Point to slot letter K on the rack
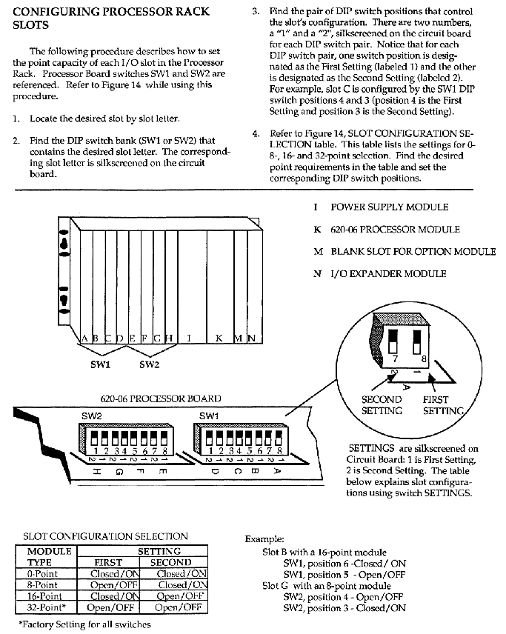[x=219, y=338]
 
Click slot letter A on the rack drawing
[x=85, y=338]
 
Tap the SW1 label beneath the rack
[x=101, y=364]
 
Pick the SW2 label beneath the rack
[x=150, y=364]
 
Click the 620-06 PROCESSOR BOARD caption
[x=160, y=398]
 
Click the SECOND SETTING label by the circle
[x=382, y=405]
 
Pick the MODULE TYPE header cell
[x=49, y=557]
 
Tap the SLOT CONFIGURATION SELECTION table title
[x=106, y=536]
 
